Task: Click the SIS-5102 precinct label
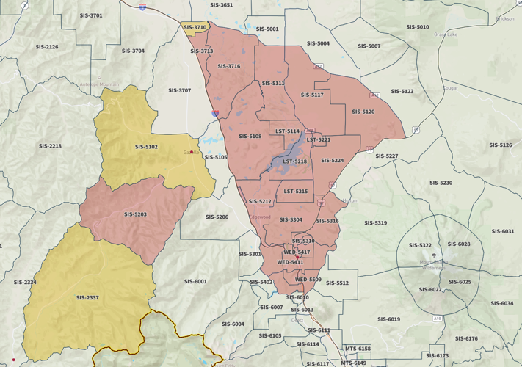point(146,147)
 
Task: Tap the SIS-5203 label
point(135,214)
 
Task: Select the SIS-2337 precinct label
point(87,298)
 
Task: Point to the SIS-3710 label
point(195,27)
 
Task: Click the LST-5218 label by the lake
point(295,161)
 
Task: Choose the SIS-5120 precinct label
point(363,112)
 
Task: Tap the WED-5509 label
point(308,280)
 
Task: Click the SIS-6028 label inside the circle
point(459,244)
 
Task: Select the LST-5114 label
point(287,131)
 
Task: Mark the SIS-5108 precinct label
point(250,137)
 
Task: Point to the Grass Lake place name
point(445,34)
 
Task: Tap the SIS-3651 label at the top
point(221,5)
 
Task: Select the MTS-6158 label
point(358,349)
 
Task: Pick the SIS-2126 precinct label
point(47,47)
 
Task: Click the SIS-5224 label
point(332,161)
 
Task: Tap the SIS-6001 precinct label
point(195,281)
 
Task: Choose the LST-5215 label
point(296,192)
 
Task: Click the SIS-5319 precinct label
point(375,223)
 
